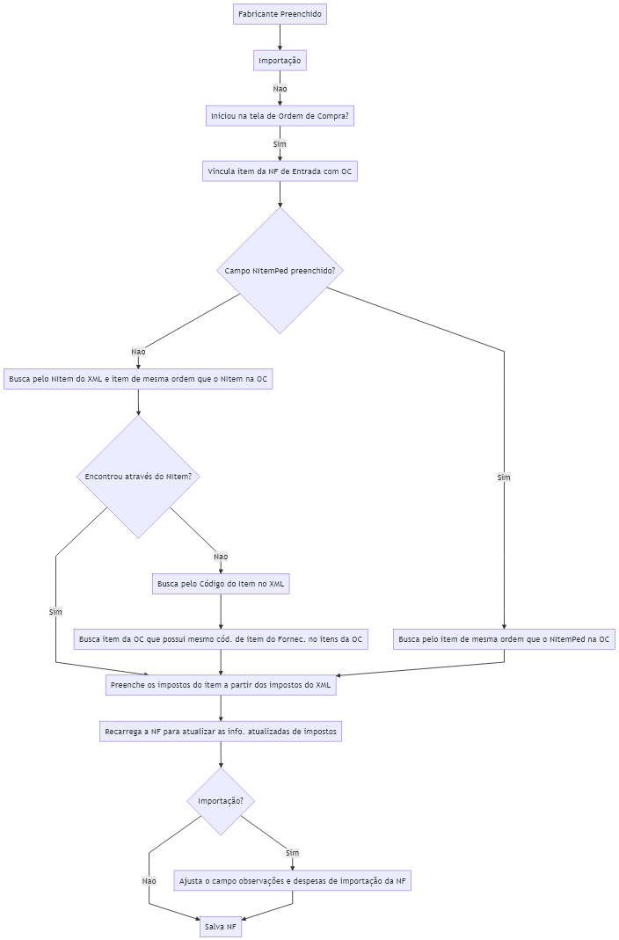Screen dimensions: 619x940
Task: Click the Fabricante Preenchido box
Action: click(280, 14)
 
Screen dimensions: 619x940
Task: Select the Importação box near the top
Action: click(280, 61)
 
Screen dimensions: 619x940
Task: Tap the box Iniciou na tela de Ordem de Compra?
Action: click(280, 116)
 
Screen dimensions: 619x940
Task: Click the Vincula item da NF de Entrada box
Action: click(280, 171)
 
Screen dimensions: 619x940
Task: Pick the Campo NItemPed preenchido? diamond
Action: click(280, 270)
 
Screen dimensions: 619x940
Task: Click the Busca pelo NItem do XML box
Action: click(138, 379)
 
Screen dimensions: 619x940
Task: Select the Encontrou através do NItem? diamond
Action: click(138, 477)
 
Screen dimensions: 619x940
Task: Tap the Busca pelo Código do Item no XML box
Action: click(221, 584)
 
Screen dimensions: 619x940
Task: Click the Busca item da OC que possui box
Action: click(221, 639)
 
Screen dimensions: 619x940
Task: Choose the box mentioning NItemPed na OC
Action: click(504, 639)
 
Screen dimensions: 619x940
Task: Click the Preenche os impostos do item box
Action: click(221, 685)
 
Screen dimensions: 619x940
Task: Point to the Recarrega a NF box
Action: click(221, 732)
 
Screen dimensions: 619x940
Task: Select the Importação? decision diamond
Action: click(221, 801)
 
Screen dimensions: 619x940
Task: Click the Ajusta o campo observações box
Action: click(293, 881)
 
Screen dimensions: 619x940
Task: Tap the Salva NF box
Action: click(221, 927)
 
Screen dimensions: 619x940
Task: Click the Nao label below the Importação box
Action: click(280, 89)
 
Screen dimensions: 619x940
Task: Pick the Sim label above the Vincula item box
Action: click(280, 144)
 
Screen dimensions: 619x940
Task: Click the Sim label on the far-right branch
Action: click(504, 477)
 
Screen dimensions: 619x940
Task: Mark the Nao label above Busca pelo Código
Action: click(221, 557)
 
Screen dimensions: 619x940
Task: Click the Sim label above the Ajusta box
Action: click(293, 852)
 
